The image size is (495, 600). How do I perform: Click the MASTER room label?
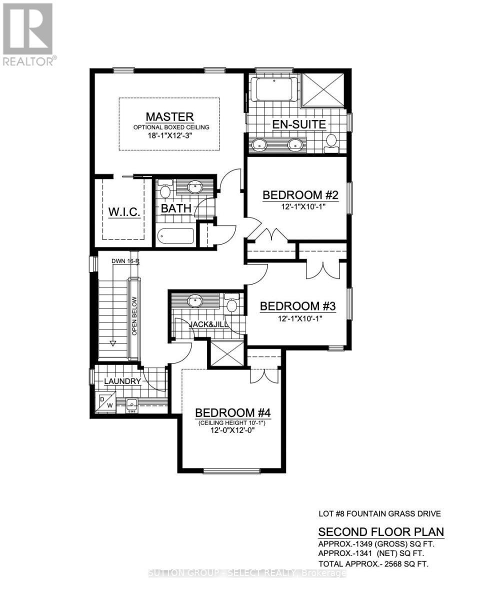tap(169, 117)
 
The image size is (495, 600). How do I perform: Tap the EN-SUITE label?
tap(298, 124)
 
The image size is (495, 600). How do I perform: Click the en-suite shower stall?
tap(324, 89)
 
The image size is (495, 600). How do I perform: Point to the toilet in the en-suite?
tap(331, 141)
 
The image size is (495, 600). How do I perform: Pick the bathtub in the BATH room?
tap(175, 236)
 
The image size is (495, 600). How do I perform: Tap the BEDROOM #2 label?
tap(300, 195)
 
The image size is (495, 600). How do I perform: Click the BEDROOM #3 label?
tap(297, 306)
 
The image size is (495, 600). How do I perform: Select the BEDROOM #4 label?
tap(232, 413)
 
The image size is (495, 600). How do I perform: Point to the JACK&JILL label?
tap(209, 324)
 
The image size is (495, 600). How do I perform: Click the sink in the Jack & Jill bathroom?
tap(194, 301)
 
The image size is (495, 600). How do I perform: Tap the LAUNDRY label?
tap(122, 381)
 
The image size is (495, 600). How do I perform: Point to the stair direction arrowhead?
tap(113, 343)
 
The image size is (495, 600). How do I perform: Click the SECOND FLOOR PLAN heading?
tap(381, 531)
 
